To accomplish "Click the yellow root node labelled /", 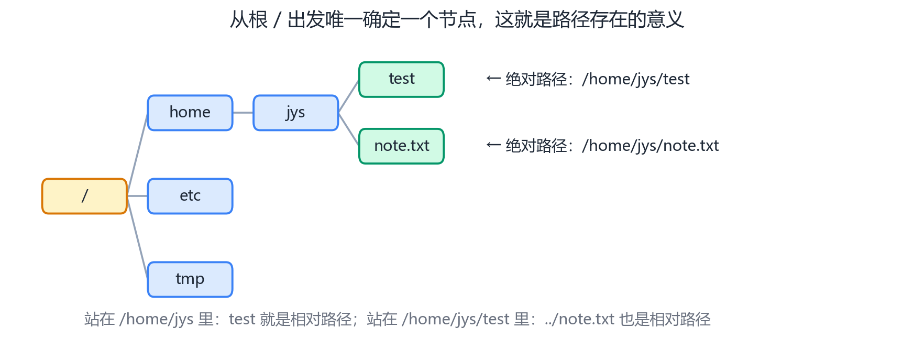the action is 84,196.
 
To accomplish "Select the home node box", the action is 190,113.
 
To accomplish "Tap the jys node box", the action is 296,113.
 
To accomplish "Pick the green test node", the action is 402,80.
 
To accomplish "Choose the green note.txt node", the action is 402,146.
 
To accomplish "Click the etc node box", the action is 190,196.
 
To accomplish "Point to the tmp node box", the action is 190,279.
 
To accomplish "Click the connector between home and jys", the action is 243,113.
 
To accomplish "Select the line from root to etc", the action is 137,196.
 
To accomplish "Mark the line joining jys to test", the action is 349,96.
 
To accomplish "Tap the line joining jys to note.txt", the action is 349,129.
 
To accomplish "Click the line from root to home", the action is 137,154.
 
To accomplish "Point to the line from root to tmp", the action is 137,237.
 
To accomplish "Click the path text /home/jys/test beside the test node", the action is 635,79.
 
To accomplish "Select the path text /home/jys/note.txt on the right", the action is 650,146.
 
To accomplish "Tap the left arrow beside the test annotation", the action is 493,79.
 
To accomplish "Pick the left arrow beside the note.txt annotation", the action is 493,145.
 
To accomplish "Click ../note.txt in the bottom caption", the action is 579,319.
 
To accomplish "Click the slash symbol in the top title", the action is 278,20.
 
